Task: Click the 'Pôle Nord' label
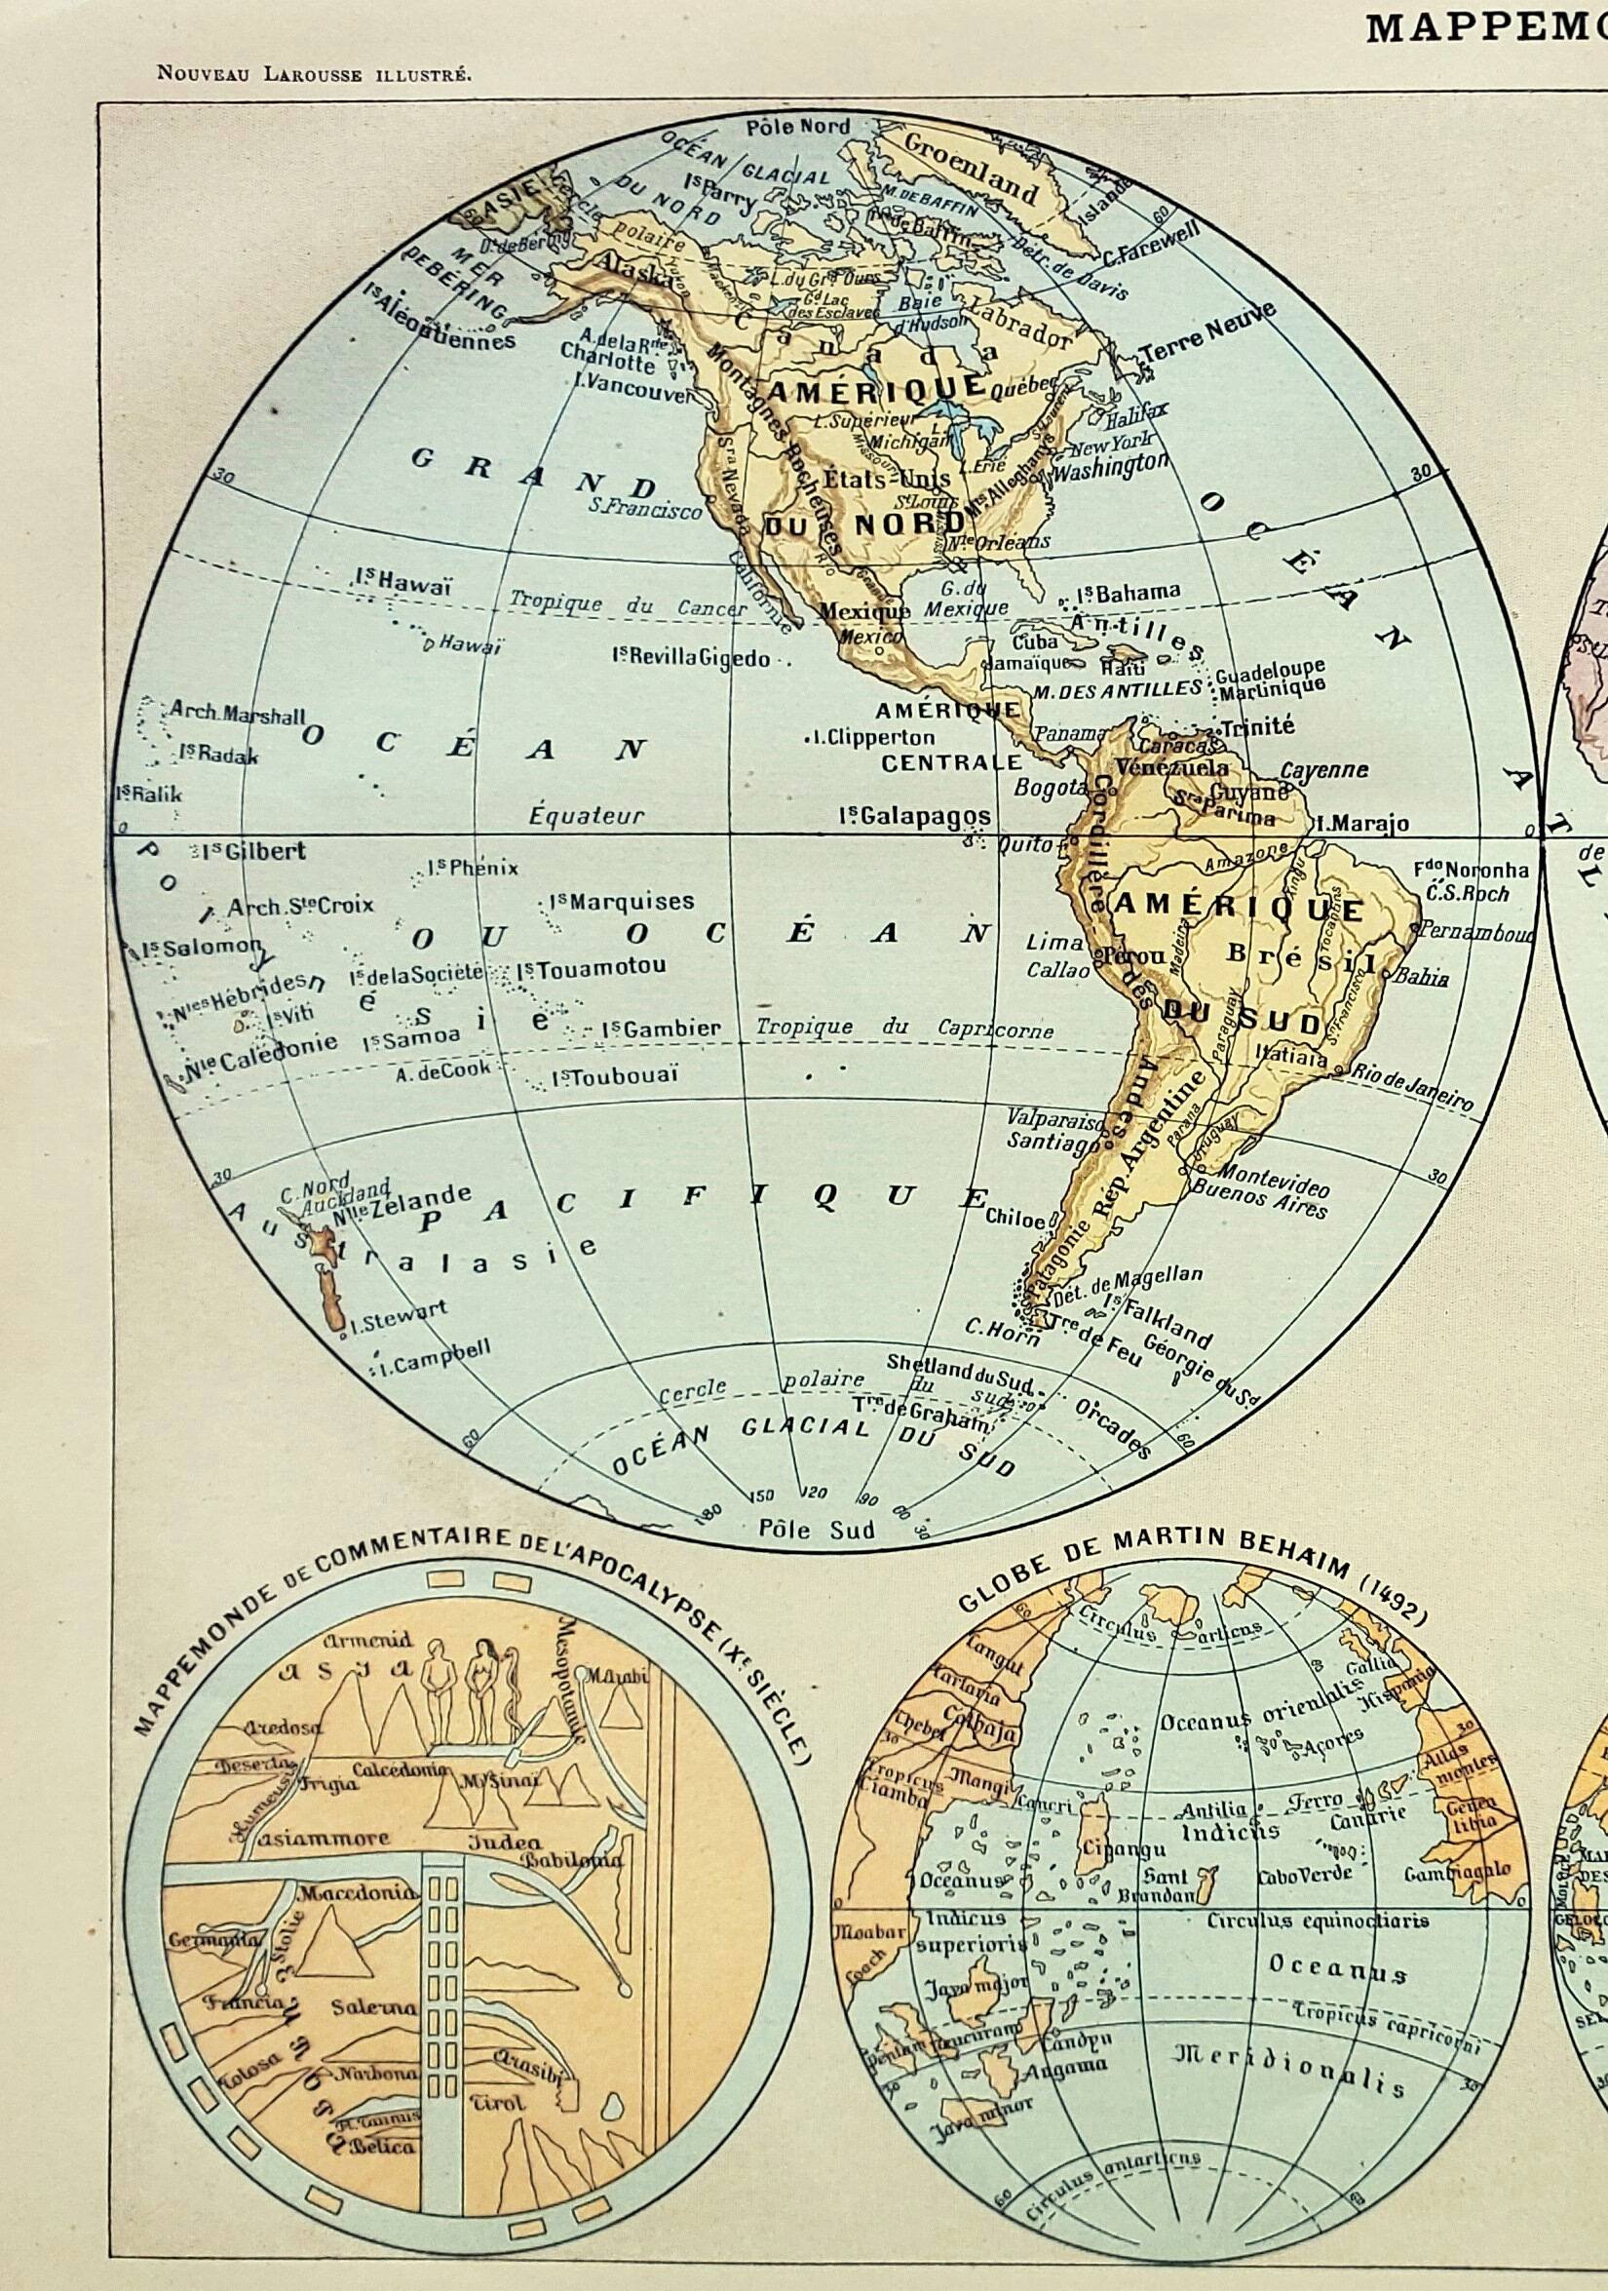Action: coord(799,127)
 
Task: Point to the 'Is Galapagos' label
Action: coord(915,815)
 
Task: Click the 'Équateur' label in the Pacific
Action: coord(587,815)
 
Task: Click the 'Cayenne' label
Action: coord(1323,770)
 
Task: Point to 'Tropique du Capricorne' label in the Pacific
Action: coord(903,1028)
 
